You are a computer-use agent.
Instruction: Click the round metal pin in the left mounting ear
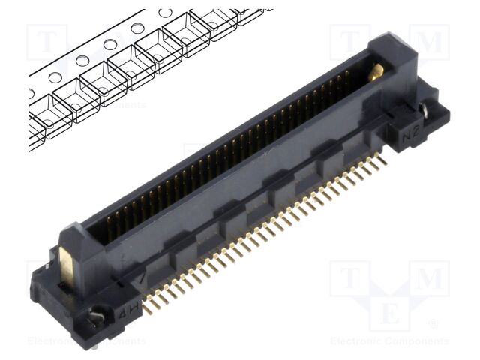[96, 317]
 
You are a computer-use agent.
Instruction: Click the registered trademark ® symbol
[433, 324]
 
